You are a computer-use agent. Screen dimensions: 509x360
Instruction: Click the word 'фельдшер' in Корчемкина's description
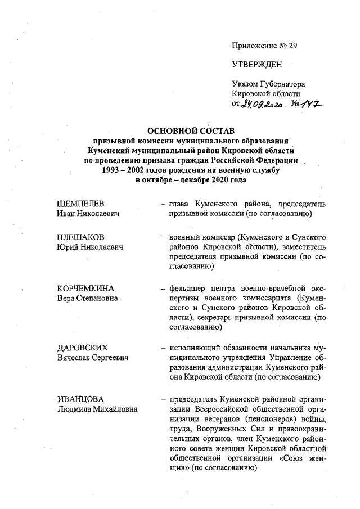188,288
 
